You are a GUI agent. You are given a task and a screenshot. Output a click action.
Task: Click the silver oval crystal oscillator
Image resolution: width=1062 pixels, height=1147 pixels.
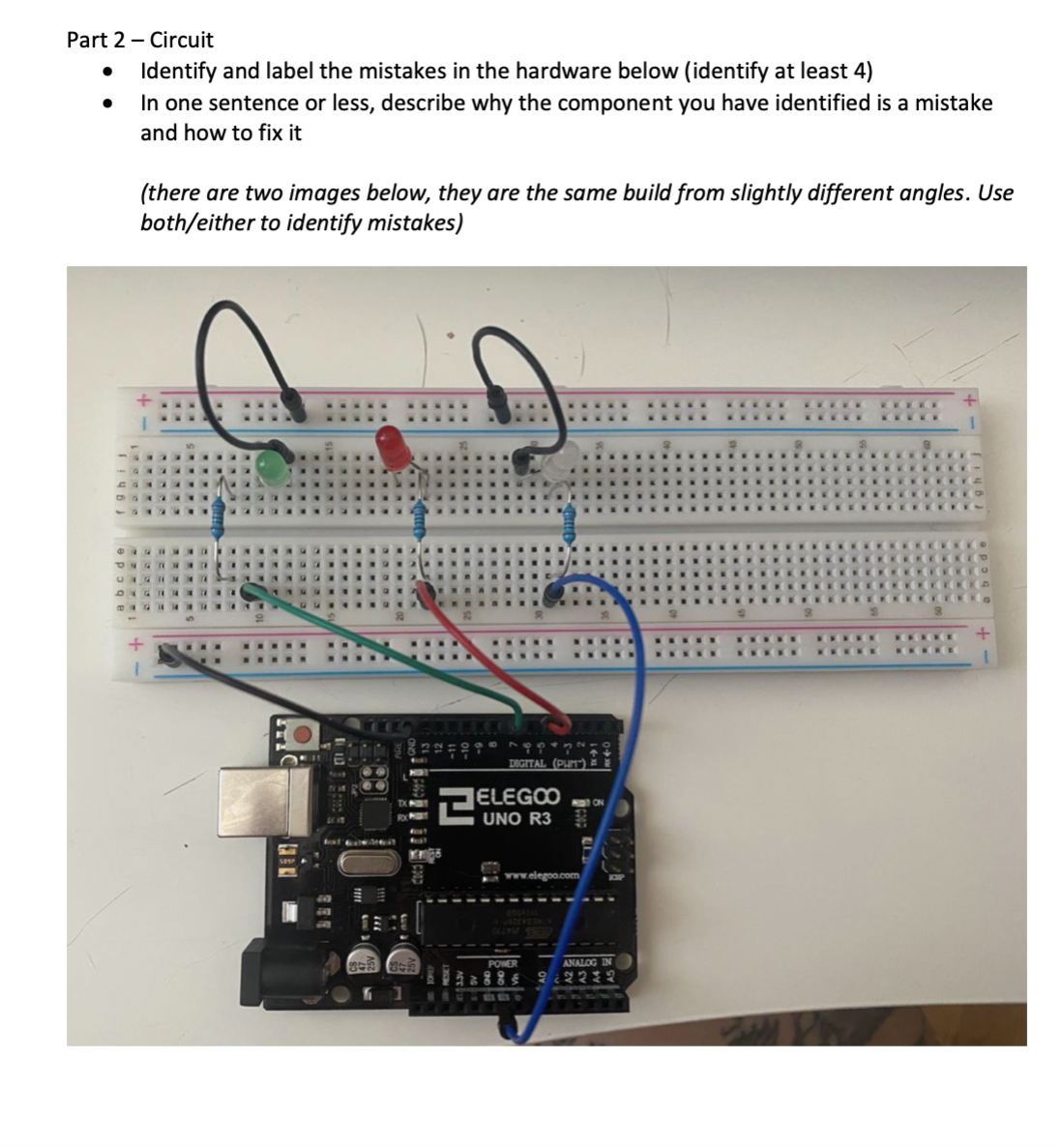pos(366,864)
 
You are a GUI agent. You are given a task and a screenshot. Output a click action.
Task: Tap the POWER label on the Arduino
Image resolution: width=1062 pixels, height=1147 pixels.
pos(503,964)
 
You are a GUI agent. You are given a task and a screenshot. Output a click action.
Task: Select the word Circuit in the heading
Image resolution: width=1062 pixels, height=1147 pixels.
pos(183,41)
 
